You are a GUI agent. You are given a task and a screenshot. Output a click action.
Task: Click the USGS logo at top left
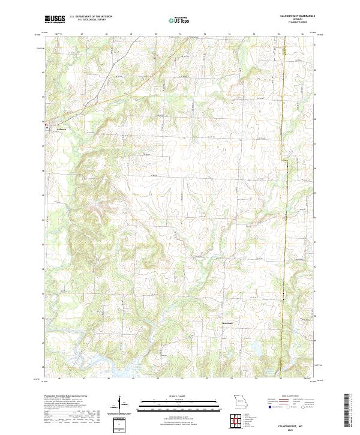click(55, 19)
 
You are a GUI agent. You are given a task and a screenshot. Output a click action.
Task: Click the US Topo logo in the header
click(174, 19)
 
